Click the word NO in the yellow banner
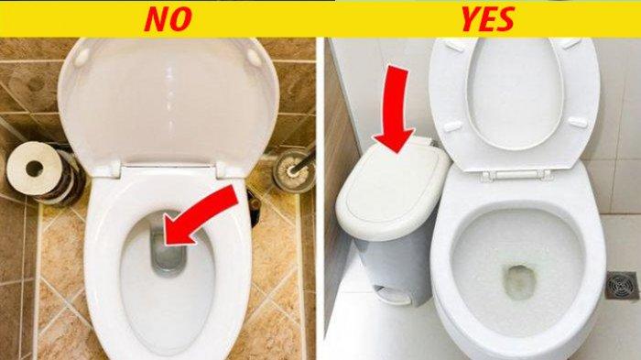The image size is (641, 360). [x=168, y=19]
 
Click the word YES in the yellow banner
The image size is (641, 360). [x=488, y=19]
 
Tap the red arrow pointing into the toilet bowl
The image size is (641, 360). [x=201, y=215]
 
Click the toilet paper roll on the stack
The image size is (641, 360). [x=36, y=169]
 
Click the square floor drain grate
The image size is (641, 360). [x=622, y=286]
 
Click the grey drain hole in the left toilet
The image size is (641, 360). [x=168, y=252]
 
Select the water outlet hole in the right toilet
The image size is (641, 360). [x=519, y=282]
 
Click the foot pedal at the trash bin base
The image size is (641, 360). [x=393, y=296]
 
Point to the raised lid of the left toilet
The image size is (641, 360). [x=168, y=103]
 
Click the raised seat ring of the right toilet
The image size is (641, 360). [x=514, y=98]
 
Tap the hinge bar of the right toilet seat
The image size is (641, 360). [x=516, y=176]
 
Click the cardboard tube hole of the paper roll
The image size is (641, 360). [x=35, y=169]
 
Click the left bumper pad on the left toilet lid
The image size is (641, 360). [x=82, y=56]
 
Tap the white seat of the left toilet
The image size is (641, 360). [x=168, y=262]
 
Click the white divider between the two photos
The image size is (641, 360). [x=320, y=199]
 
